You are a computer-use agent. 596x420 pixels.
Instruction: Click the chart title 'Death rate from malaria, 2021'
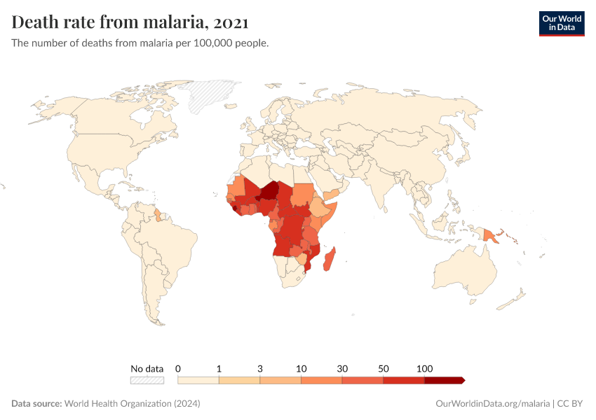(130, 22)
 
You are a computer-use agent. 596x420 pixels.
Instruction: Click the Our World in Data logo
(561, 23)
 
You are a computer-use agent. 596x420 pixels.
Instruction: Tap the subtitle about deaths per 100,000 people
(140, 43)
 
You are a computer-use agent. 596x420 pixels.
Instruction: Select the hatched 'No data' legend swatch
(147, 380)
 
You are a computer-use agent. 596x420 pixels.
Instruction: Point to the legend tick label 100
(424, 368)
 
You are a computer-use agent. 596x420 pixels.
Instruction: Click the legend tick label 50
(384, 368)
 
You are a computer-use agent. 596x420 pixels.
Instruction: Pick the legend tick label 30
(342, 368)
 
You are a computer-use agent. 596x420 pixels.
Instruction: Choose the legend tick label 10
(302, 368)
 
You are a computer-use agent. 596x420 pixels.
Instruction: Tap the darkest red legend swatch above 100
(444, 380)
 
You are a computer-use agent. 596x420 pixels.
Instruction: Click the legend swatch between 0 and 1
(198, 380)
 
